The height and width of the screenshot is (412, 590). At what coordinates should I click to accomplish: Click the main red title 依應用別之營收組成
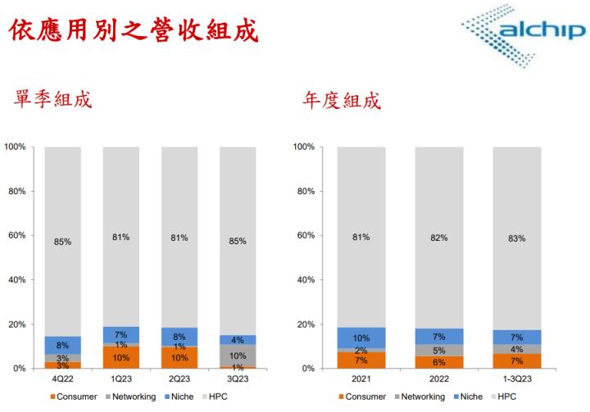131,31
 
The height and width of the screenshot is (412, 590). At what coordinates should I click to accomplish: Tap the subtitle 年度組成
341,100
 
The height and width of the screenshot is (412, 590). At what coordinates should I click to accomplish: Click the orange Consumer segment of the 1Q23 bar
120,358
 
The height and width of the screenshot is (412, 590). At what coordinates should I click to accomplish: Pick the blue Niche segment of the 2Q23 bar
179,336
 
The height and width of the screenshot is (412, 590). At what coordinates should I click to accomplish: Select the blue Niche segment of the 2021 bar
361,337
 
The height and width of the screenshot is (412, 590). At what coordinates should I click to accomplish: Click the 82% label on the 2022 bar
439,238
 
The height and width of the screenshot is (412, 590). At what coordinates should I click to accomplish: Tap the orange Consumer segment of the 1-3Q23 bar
516,361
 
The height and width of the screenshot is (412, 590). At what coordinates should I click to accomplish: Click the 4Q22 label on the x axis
63,380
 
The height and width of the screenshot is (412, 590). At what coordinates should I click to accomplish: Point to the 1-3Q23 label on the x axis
516,380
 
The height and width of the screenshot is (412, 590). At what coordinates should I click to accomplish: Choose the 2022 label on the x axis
439,380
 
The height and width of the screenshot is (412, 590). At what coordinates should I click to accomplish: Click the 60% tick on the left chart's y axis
17,236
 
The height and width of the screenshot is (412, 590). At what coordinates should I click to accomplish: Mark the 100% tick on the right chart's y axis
304,147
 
